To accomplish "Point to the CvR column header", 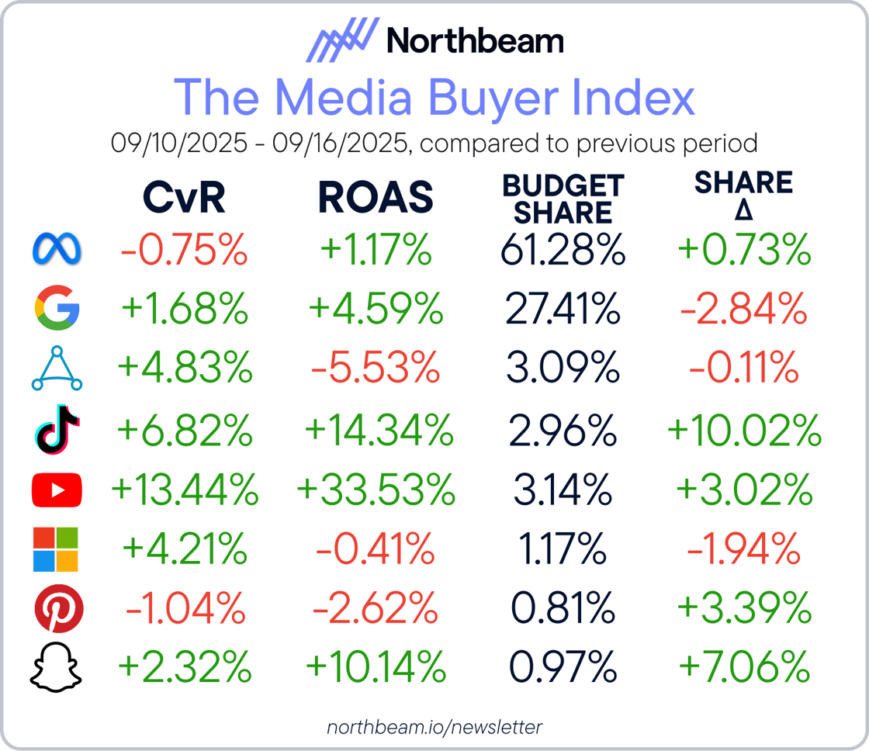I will [184, 199].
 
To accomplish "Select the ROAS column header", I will [376, 199].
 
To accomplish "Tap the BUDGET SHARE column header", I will [563, 199].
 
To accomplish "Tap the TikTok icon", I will [57, 430].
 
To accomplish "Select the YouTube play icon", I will [57, 490].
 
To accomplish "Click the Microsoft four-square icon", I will [57, 549].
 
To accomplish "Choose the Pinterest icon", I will [57, 609].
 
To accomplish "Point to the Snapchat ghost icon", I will [57, 668].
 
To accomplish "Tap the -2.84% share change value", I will [744, 310].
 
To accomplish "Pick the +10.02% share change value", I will [744, 430].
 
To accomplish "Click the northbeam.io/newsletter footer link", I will [434, 727].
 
